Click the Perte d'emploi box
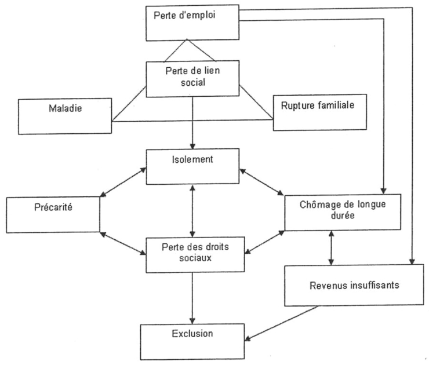tap(192, 23)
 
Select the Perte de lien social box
tap(192, 80)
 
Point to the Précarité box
tap(53, 214)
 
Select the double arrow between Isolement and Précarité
tap(123, 184)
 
